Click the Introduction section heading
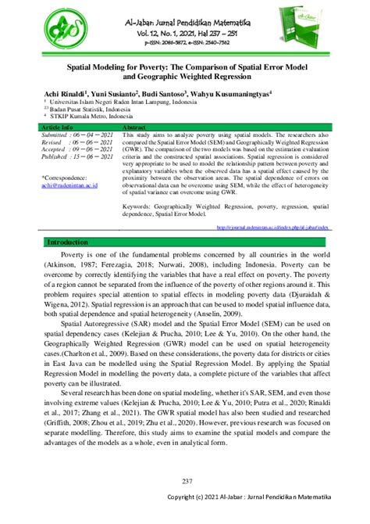[68, 221]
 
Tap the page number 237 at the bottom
[186, 480]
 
